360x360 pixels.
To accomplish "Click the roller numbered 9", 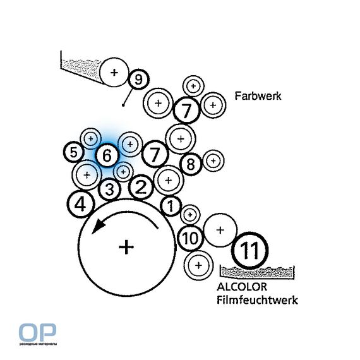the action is click(x=138, y=80).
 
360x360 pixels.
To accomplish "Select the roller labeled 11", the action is click(x=249, y=250).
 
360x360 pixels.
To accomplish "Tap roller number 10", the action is click(x=190, y=238).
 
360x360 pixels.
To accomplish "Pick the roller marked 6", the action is click(x=107, y=155).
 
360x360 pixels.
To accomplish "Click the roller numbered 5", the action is click(x=73, y=152).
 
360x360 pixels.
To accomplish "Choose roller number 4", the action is click(x=81, y=205).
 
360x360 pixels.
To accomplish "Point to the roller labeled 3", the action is click(x=109, y=189).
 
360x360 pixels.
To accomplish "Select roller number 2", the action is click(x=141, y=186).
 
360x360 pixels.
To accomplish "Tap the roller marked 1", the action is click(x=171, y=206).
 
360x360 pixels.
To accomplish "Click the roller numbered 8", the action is click(x=191, y=164).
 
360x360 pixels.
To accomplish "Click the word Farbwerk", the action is click(x=258, y=96).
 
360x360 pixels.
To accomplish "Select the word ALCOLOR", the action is click(x=242, y=287).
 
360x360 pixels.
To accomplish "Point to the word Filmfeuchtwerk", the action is click(x=257, y=300).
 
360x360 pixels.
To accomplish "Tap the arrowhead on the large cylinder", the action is click(x=98, y=225).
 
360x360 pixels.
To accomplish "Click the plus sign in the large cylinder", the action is click(x=126, y=247).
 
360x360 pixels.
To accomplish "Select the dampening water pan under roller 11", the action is click(x=257, y=272).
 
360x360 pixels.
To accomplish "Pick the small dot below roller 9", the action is click(x=123, y=105).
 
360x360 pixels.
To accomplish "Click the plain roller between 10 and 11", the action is click(x=220, y=230).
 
